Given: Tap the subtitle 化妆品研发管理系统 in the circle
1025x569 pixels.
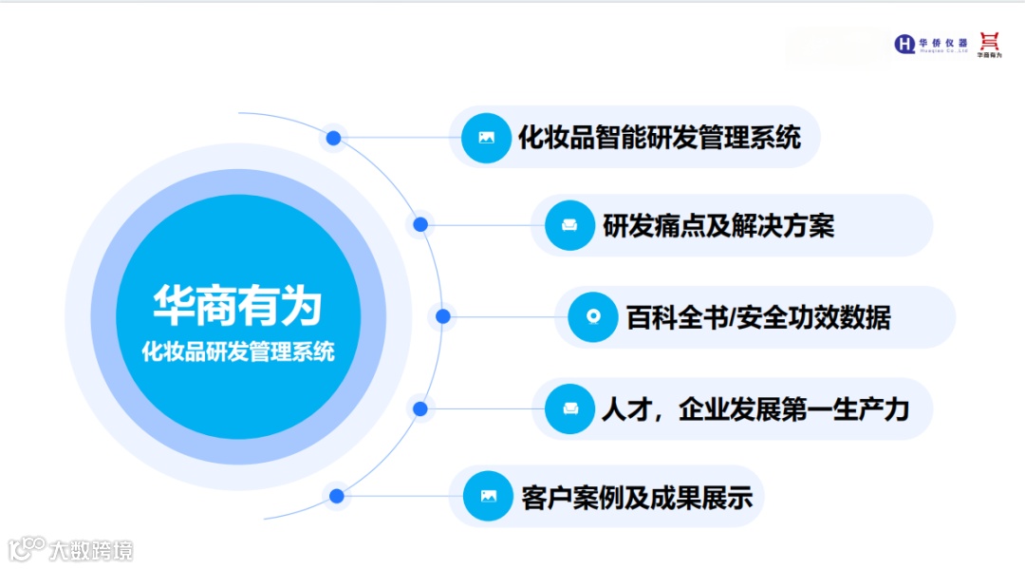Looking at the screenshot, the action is click(237, 351).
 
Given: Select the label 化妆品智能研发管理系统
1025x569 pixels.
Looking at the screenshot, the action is click(660, 137).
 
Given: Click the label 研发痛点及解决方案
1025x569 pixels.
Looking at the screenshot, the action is click(718, 226).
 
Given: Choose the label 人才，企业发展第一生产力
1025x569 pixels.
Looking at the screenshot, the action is click(755, 408).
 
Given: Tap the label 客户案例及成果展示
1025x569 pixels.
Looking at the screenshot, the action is click(637, 497).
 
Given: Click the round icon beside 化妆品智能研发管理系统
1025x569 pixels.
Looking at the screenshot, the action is click(486, 138).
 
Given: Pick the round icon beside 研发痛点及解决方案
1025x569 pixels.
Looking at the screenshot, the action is click(569, 226).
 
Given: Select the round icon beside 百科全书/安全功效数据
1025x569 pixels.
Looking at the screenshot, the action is click(593, 317).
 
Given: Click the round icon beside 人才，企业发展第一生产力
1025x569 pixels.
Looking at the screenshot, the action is click(570, 408).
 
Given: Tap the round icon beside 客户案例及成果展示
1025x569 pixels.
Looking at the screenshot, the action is click(488, 496).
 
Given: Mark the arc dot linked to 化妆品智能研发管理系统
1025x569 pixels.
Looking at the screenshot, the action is click(333, 138).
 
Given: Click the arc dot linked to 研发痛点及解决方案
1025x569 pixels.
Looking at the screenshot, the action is click(420, 225).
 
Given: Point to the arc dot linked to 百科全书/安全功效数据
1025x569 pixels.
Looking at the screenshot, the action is click(442, 316).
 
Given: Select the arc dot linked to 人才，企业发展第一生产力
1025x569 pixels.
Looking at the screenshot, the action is click(420, 408).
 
